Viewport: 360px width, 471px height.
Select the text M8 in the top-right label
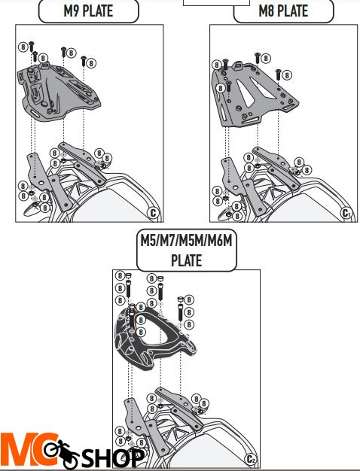tap(268, 11)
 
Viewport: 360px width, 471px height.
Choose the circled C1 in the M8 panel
tap(346, 212)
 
